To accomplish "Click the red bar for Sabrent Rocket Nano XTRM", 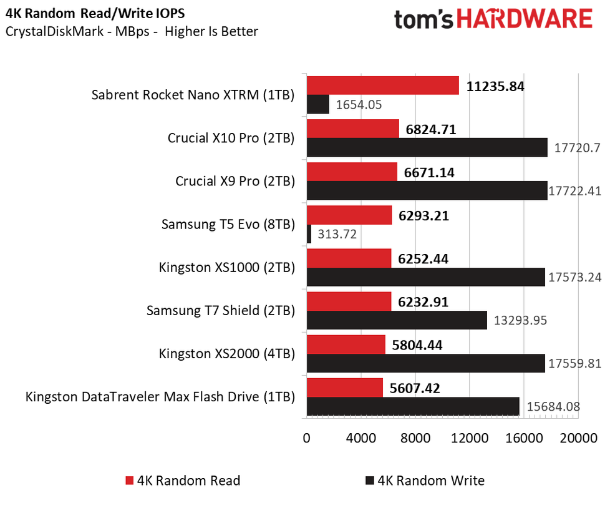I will click(x=382, y=86).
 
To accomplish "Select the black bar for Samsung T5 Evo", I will click(x=309, y=234).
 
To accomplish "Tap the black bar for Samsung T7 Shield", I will click(x=397, y=320).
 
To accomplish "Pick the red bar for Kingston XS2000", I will click(x=346, y=344).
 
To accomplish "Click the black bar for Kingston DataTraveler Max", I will click(x=413, y=406).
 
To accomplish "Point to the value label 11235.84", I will click(x=495, y=87).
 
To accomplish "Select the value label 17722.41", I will click(x=574, y=191).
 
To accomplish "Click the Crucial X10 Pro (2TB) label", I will click(x=231, y=138).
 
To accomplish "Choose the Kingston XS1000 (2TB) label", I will click(x=226, y=267).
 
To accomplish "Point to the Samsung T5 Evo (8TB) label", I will click(x=228, y=224).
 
